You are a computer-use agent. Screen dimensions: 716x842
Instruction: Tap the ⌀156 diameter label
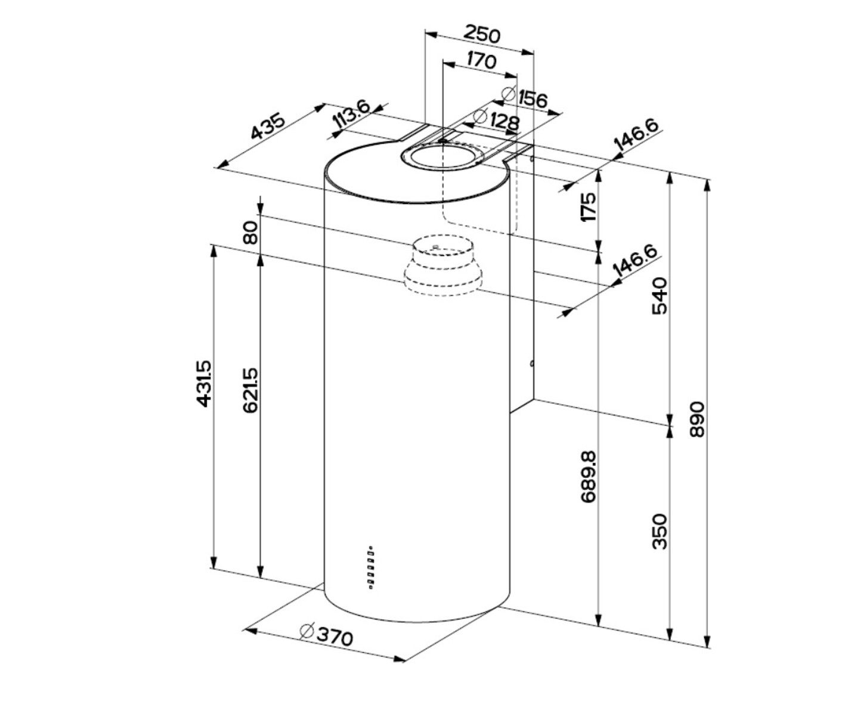point(525,98)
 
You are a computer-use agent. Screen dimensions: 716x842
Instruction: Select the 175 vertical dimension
point(589,207)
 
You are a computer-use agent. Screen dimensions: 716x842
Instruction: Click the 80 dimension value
point(251,232)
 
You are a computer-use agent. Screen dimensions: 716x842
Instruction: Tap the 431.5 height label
point(205,384)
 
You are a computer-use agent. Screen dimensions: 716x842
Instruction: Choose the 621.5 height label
point(251,390)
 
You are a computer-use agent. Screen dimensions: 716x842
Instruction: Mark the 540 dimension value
point(660,295)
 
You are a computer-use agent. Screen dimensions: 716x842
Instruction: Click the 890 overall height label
point(696,419)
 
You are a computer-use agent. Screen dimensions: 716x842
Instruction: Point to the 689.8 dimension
point(589,476)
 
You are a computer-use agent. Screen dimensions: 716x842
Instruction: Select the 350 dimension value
point(660,531)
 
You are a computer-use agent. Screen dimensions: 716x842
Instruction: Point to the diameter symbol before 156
point(509,93)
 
